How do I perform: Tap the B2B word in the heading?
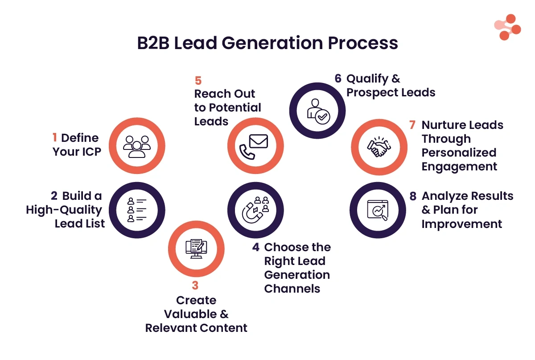click(x=152, y=43)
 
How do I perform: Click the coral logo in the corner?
click(x=507, y=27)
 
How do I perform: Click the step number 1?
click(x=55, y=138)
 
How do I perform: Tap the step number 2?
click(x=54, y=196)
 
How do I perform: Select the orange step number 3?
click(x=196, y=286)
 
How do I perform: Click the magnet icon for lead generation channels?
click(x=255, y=209)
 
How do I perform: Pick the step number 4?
click(x=255, y=247)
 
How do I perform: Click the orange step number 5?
click(x=198, y=81)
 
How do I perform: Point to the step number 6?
click(x=338, y=79)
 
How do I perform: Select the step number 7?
click(x=412, y=125)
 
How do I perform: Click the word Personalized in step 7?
click(x=459, y=153)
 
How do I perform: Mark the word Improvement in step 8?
click(x=462, y=224)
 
